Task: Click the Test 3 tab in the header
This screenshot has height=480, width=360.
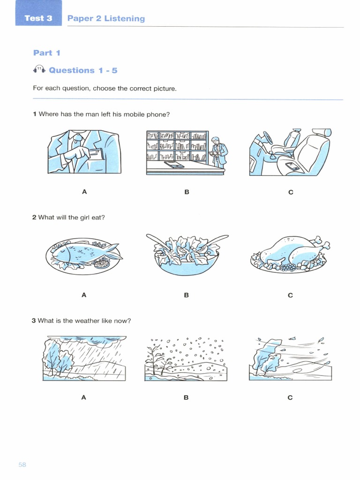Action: click(38, 18)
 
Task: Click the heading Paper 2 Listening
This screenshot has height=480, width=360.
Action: click(106, 18)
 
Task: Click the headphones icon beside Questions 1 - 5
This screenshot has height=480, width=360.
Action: click(39, 70)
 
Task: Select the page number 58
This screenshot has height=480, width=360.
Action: click(22, 465)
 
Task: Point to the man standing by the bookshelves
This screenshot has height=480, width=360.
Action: click(218, 151)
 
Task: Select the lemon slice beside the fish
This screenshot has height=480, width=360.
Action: click(102, 263)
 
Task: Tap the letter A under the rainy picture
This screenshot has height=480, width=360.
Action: click(84, 397)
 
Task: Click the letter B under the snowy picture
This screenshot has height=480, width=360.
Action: click(186, 397)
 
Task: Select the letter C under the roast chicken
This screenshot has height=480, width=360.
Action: click(290, 295)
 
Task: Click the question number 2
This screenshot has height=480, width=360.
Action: click(34, 217)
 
